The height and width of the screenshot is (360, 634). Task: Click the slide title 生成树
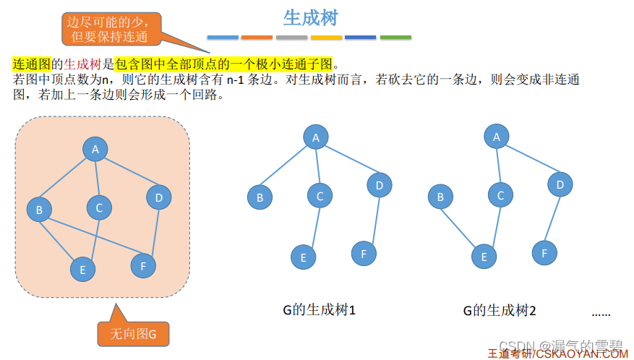click(x=310, y=17)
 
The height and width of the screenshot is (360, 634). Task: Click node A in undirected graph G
click(x=95, y=150)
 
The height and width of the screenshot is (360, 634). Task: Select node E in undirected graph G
click(x=82, y=270)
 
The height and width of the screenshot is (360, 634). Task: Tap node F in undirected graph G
click(x=143, y=265)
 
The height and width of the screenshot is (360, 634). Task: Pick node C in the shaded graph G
click(x=99, y=208)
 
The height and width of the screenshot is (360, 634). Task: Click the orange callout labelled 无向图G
click(x=133, y=333)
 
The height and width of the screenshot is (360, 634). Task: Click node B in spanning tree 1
click(x=260, y=197)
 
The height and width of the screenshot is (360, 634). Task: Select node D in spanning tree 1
click(x=379, y=186)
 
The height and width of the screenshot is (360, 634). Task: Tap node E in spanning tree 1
click(x=303, y=257)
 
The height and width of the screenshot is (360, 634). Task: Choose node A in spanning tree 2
click(x=496, y=136)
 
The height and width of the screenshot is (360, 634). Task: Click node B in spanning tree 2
click(x=440, y=196)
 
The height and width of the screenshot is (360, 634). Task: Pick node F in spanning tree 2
click(x=544, y=252)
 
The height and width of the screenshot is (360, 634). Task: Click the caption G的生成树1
click(x=319, y=310)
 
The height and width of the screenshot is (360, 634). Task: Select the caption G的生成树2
click(x=500, y=311)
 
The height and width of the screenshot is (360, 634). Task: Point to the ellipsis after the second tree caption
click(x=601, y=313)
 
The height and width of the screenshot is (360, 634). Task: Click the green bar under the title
click(x=395, y=37)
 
